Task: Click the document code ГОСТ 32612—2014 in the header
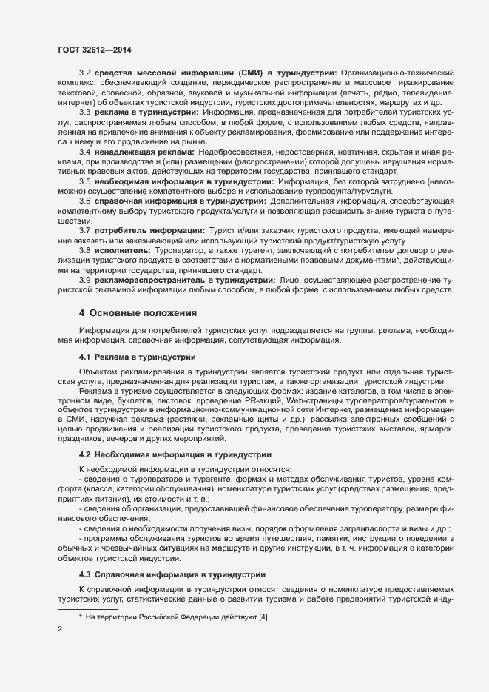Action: pyautogui.click(x=90, y=49)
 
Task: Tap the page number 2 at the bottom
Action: pyautogui.click(x=61, y=631)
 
